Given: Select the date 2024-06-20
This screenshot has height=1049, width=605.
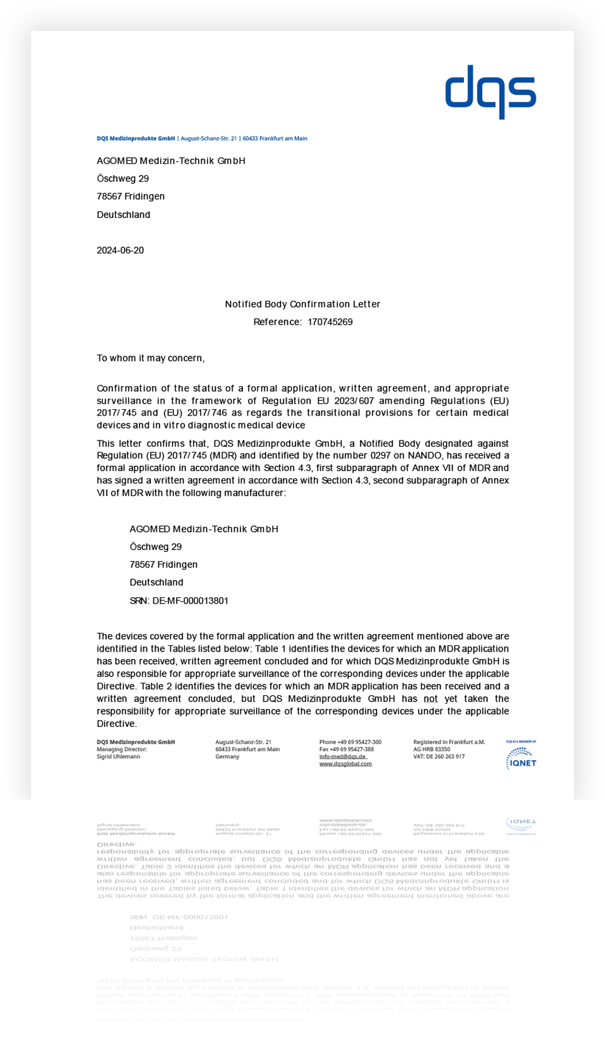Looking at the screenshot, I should pyautogui.click(x=120, y=250).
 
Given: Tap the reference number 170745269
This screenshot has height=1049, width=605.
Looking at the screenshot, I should pyautogui.click(x=330, y=322).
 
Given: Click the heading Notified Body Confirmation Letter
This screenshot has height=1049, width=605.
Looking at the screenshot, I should pyautogui.click(x=302, y=304).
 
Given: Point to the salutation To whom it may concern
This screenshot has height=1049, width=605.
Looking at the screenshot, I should pyautogui.click(x=150, y=358).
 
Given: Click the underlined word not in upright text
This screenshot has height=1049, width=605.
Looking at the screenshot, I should pyautogui.click(x=431, y=699).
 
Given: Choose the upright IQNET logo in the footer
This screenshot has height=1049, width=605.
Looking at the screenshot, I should pyautogui.click(x=521, y=758).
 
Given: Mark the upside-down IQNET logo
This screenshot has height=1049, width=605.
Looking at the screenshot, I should pyautogui.click(x=522, y=824).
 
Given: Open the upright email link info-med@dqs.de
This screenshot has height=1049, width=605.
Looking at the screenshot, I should pyautogui.click(x=342, y=757).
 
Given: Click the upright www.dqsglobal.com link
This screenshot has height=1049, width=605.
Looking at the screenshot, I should pyautogui.click(x=345, y=764).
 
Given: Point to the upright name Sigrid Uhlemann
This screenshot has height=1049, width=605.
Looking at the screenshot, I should pyautogui.click(x=118, y=757).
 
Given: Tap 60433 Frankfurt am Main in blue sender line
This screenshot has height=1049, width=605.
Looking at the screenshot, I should pyautogui.click(x=275, y=138).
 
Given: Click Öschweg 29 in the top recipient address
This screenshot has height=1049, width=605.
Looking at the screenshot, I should pyautogui.click(x=123, y=179).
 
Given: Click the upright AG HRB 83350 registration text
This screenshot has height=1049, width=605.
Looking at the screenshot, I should pyautogui.click(x=431, y=749).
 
